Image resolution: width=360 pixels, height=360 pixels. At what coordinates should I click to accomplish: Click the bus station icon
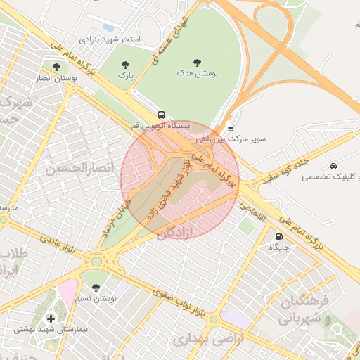162,115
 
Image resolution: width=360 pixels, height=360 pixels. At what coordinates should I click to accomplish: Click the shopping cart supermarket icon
231,128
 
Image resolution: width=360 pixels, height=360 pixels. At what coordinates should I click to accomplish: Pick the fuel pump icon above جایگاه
281,237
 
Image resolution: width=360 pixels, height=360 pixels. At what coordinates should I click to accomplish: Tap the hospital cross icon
50,319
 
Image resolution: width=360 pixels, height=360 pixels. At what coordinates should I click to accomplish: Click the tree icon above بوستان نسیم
96,287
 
